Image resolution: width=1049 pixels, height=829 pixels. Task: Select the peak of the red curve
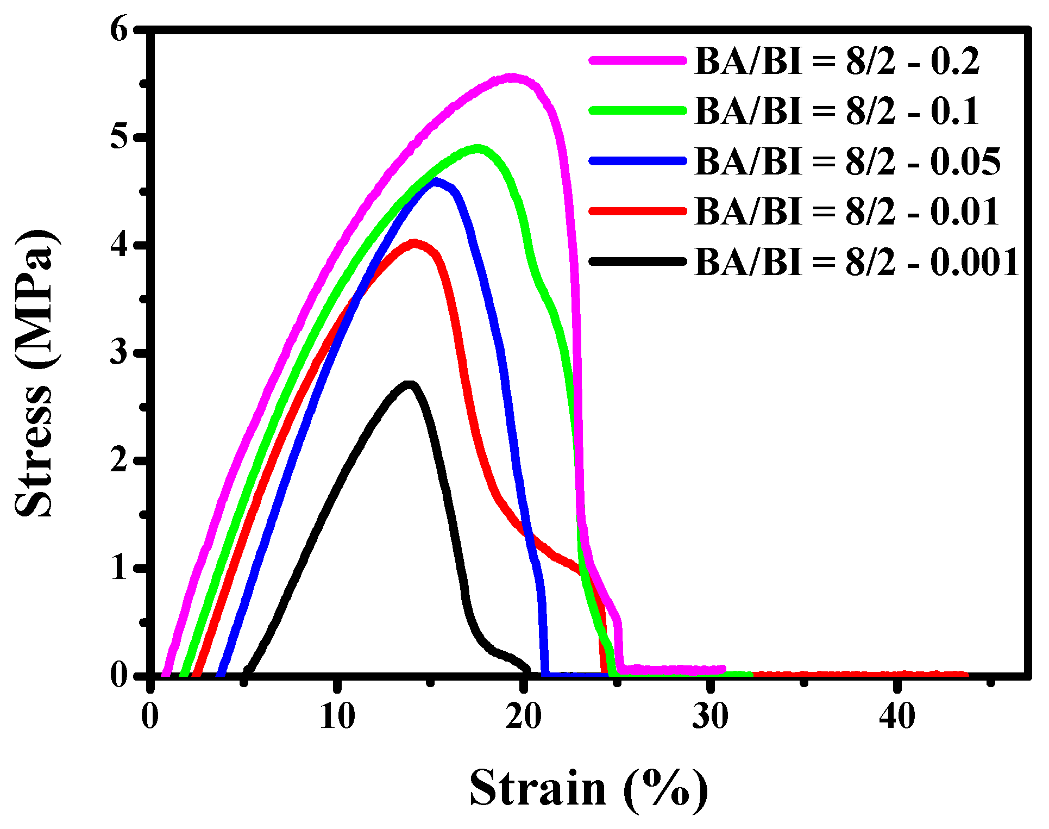[x=415, y=243]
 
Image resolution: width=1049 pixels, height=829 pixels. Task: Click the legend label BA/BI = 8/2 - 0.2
[x=837, y=61]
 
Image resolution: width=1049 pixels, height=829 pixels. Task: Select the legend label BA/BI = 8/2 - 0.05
[x=847, y=161]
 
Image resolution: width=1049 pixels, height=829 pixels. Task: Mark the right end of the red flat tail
[x=965, y=675]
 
